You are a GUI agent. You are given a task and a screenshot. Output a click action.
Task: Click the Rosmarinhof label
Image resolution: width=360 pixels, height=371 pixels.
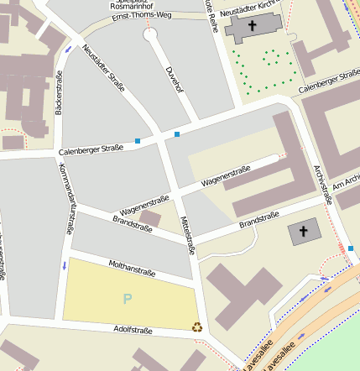pos(132,5)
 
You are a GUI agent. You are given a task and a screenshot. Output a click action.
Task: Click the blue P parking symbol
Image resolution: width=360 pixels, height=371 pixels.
pos(128,299)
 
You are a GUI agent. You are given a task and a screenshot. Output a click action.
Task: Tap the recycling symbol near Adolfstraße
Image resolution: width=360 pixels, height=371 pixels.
pos(197,327)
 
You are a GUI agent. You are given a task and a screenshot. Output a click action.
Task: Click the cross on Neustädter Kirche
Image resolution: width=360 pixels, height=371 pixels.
pos(252,26)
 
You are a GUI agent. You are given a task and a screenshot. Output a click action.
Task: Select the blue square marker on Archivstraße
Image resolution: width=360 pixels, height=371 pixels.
pos(351,248)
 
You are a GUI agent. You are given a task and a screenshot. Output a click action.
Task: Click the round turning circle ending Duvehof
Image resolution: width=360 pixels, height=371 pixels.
pos(151,35)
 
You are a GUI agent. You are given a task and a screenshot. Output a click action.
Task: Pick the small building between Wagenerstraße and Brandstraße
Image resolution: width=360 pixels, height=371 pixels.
pos(149,218)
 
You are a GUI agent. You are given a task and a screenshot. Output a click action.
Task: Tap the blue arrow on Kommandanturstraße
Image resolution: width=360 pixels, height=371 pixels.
pos(64,265)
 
